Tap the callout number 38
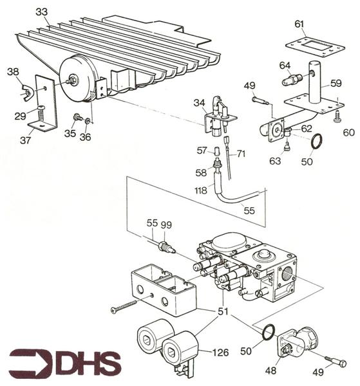tap(13, 73)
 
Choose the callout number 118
tap(201, 190)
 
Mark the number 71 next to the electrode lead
tap(241, 154)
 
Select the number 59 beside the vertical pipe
tap(336, 82)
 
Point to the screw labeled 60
tap(336, 117)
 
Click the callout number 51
tap(223, 313)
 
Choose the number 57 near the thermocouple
tap(201, 151)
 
